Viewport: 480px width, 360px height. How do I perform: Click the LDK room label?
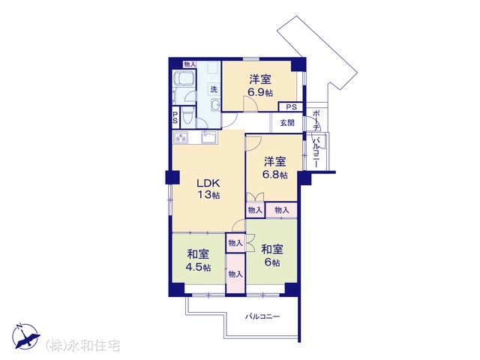coord(208,183)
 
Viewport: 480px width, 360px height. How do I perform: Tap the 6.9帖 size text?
coord(260,92)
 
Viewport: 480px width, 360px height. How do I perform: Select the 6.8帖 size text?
coord(275,175)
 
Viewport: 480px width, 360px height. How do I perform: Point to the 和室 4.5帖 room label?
coord(198,260)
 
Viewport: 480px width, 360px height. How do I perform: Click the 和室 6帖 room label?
coord(272,256)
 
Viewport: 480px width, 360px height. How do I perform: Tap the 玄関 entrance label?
coord(287,123)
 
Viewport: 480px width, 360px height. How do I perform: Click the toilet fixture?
coord(187,117)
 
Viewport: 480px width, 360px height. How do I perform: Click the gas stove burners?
coord(181,137)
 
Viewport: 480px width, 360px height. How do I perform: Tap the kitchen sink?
coord(209,136)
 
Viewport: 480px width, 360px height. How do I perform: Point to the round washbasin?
coord(216,105)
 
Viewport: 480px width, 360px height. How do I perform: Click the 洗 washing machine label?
coord(214,89)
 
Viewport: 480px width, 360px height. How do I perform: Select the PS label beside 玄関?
coord(292,107)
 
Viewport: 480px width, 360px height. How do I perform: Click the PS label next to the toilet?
coord(175,117)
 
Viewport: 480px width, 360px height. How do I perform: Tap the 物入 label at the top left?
coord(190,64)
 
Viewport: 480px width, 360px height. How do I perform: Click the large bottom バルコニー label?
coord(262,316)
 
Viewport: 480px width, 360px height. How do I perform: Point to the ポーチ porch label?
coord(316,120)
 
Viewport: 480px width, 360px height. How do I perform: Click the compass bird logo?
coord(25,336)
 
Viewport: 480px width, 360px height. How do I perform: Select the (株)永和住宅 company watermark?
coord(82,346)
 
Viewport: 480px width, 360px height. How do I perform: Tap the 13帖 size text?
coord(208,195)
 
